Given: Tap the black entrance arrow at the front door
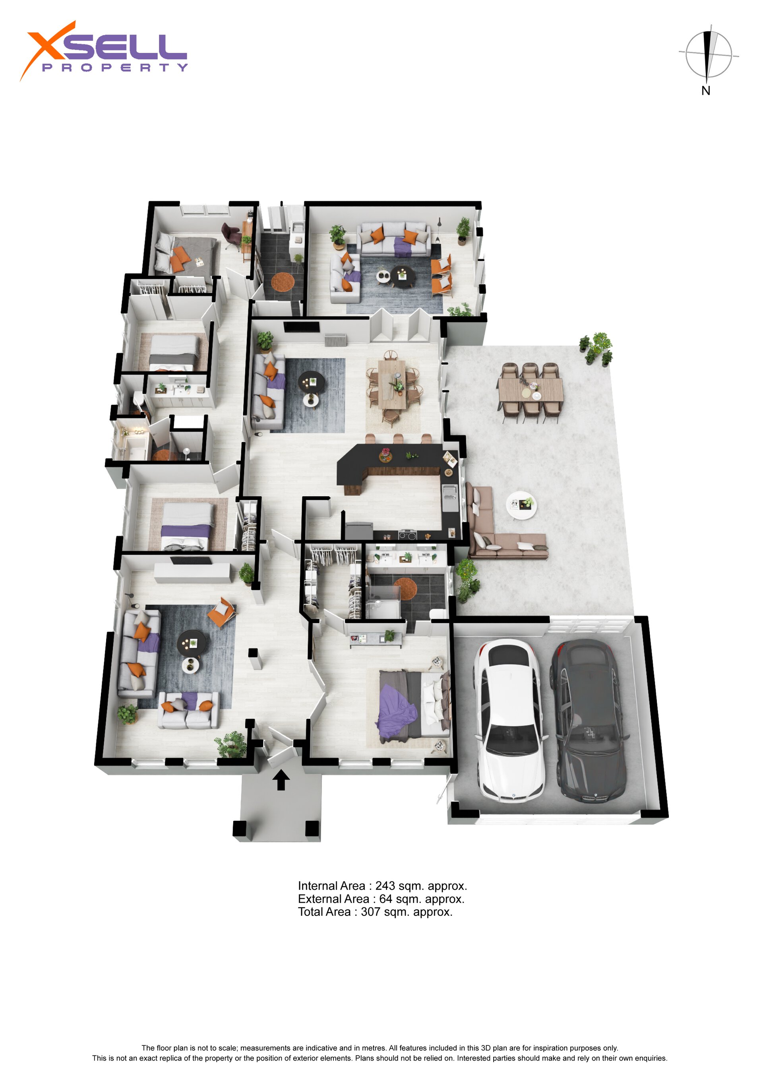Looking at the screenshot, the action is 281,779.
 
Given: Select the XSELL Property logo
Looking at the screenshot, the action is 103,51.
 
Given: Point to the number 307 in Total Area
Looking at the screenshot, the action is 370,912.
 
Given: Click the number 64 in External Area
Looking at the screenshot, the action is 385,899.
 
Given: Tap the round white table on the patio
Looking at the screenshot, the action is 521,506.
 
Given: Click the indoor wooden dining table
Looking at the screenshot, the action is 392,384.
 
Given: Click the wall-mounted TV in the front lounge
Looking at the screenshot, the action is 190,560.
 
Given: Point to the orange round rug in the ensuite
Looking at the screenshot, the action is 405,589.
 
